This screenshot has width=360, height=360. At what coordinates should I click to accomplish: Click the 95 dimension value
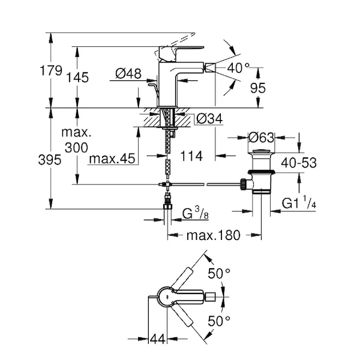point(259,88)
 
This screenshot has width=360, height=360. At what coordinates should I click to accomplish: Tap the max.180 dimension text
point(212,235)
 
